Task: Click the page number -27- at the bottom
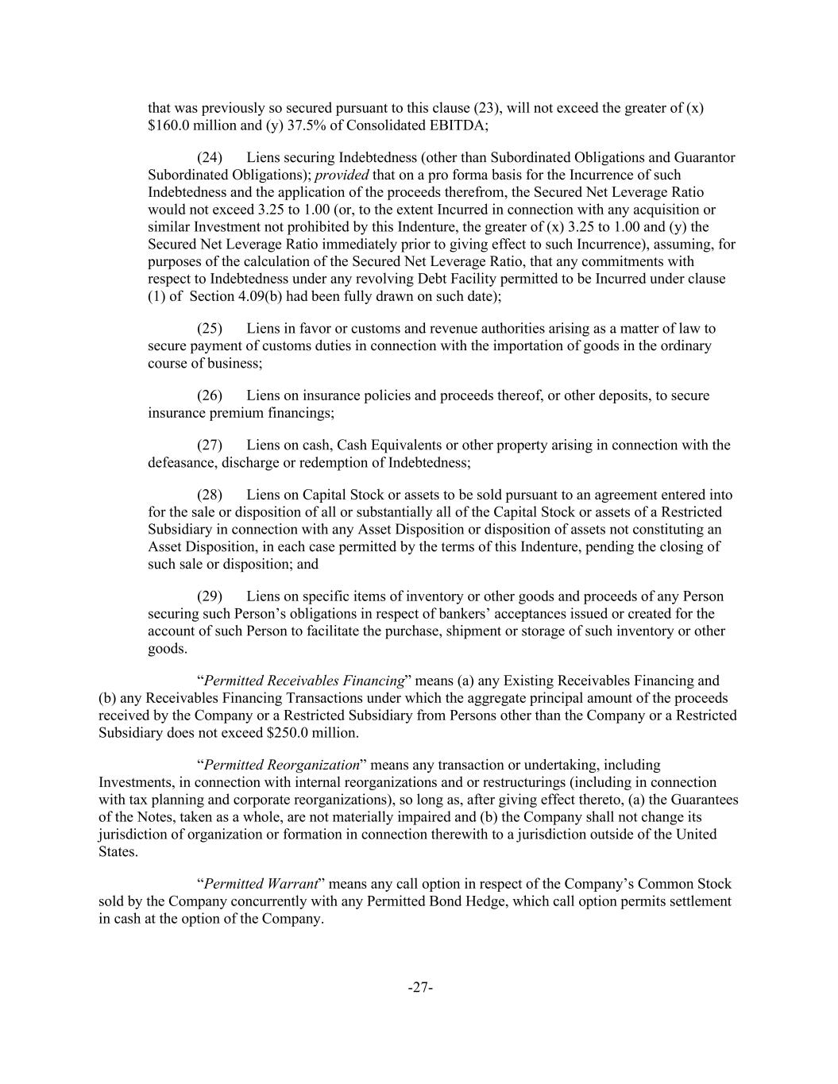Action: click(x=419, y=987)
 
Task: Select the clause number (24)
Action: click(x=210, y=157)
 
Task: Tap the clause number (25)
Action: click(x=210, y=328)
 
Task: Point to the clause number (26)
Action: click(x=210, y=395)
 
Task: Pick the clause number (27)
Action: click(x=210, y=445)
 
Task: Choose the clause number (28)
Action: click(x=210, y=495)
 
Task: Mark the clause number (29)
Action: click(x=210, y=596)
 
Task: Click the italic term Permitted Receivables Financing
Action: click(x=304, y=681)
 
